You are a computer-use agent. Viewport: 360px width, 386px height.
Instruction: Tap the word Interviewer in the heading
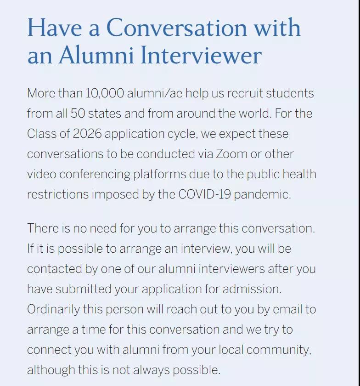201,56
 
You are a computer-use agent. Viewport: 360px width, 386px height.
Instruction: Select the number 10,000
105,93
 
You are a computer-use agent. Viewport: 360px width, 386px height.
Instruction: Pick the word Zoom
232,154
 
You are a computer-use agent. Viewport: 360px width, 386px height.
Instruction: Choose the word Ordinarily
53,309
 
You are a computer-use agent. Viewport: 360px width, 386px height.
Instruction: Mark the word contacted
54,269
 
